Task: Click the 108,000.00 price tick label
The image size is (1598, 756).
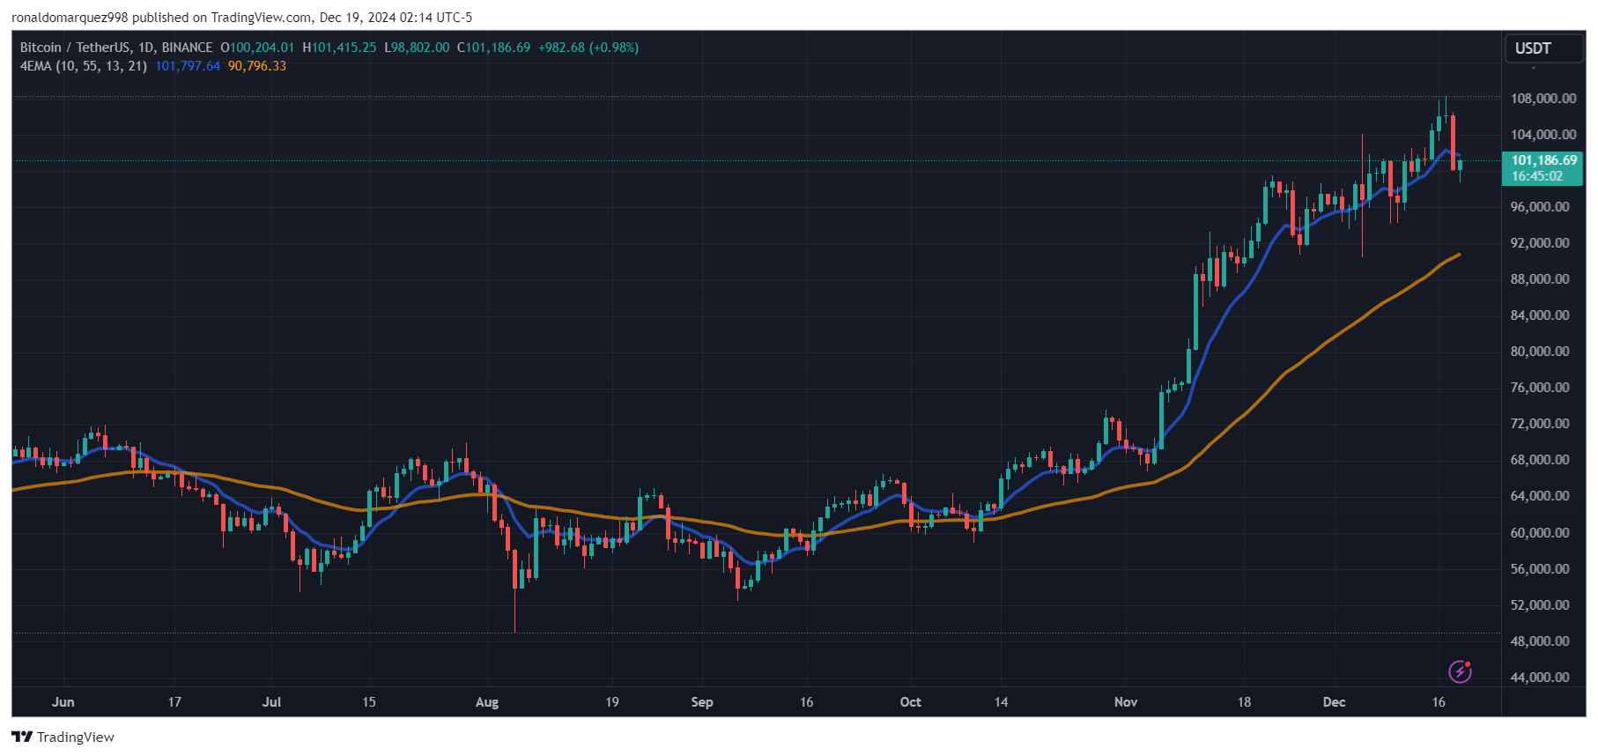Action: pos(1543,99)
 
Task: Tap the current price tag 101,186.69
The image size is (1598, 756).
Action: pos(1543,160)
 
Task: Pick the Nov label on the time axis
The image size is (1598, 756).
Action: pos(1125,702)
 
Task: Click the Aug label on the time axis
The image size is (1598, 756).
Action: pos(486,702)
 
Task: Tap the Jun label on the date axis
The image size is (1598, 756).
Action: pos(63,702)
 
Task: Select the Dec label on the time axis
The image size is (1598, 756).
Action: pos(1334,702)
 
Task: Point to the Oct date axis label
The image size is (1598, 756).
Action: pos(910,702)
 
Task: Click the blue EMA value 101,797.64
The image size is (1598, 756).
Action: pos(188,66)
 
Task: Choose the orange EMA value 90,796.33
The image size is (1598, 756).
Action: pos(256,66)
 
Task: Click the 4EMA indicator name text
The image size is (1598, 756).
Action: pos(36,66)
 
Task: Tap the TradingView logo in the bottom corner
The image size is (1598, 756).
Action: pos(63,737)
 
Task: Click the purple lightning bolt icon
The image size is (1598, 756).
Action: pos(1460,672)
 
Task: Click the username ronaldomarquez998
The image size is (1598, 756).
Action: pos(70,18)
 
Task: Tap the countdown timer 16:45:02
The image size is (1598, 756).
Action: pos(1536,176)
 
